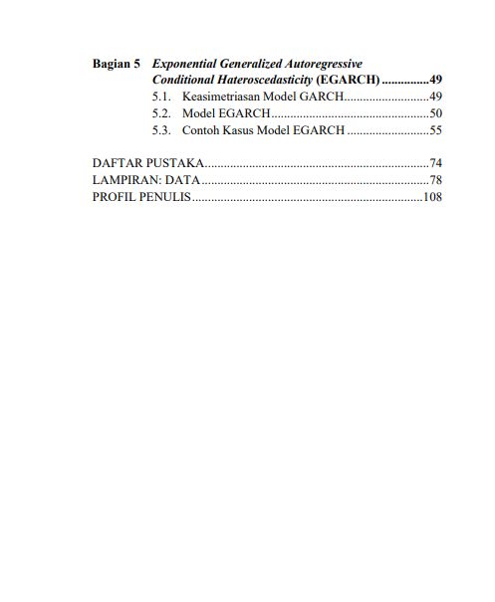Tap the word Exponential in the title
pos(186,63)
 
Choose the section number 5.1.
pos(162,97)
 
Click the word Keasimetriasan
pos(220,97)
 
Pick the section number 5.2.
pos(162,113)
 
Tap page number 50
pos(435,113)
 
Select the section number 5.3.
pos(162,130)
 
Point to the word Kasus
pos(242,130)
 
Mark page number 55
pos(435,130)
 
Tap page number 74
pos(435,162)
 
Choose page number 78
pos(435,180)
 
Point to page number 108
pos(432,197)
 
